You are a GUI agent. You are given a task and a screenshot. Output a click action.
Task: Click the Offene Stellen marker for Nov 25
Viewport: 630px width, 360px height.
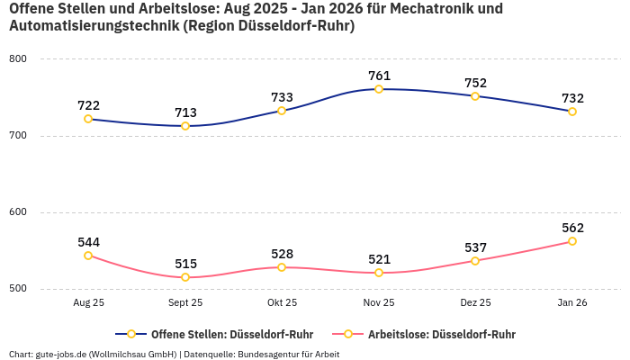pyautogui.click(x=379, y=89)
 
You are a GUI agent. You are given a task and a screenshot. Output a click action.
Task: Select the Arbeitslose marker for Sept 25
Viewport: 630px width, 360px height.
pyautogui.click(x=185, y=277)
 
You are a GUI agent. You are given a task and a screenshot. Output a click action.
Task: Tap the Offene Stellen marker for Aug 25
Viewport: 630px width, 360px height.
pyautogui.click(x=88, y=119)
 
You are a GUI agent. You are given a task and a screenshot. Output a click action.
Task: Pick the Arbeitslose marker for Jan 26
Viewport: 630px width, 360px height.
pyautogui.click(x=572, y=241)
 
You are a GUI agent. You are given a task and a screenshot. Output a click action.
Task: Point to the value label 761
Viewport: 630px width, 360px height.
pyautogui.click(x=379, y=76)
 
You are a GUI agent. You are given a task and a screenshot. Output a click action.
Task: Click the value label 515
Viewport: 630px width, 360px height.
pyautogui.click(x=185, y=264)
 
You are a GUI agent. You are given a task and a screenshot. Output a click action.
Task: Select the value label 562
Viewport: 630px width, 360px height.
pyautogui.click(x=572, y=228)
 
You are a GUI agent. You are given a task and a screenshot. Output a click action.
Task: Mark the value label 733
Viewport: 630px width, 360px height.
pyautogui.click(x=282, y=97)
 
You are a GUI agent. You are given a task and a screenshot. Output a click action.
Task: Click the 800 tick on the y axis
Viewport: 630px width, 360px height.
pyautogui.click(x=18, y=59)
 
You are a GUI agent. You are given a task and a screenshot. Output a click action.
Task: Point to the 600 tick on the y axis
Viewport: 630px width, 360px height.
pyautogui.click(x=18, y=212)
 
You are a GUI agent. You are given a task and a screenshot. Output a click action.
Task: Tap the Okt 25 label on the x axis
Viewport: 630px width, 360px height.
pyautogui.click(x=282, y=303)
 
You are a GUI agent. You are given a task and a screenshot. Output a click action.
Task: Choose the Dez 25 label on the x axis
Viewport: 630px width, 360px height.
pyautogui.click(x=475, y=303)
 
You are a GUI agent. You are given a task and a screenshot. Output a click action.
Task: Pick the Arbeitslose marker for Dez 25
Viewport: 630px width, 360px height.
pyautogui.click(x=475, y=261)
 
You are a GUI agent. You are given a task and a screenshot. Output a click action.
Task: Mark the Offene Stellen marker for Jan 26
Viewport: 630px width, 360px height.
pyautogui.click(x=572, y=112)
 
